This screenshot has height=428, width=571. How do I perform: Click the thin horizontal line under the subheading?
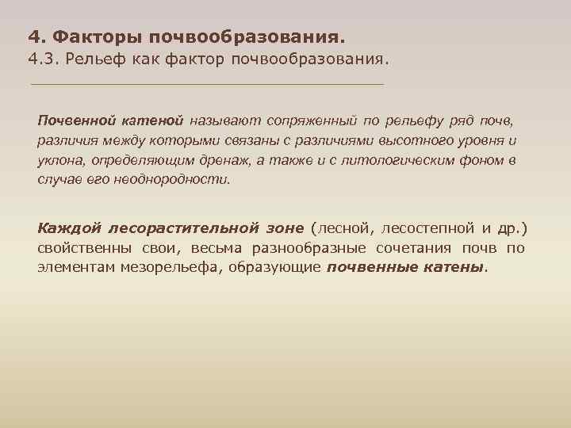click(206, 84)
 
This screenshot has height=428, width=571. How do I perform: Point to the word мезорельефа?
click(172, 267)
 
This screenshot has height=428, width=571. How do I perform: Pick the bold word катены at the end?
click(452, 267)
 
